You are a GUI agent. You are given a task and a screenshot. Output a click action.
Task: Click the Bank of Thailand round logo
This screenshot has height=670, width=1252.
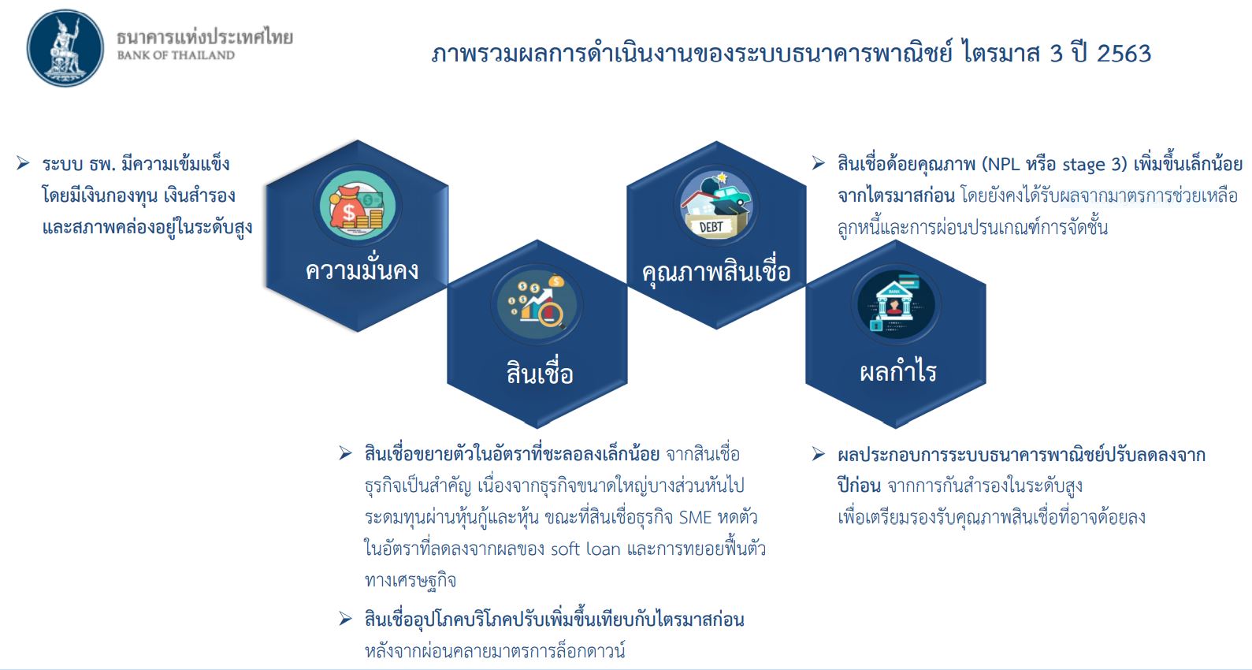[x=65, y=48]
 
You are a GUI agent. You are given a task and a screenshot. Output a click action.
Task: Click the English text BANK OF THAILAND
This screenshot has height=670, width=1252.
[x=176, y=55]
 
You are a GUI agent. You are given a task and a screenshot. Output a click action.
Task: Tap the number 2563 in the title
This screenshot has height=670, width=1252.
[x=1124, y=54]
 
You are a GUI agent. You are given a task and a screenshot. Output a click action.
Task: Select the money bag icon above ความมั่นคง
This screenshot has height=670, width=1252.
[x=357, y=206]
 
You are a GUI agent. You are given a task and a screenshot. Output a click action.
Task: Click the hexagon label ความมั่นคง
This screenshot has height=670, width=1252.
[x=362, y=270]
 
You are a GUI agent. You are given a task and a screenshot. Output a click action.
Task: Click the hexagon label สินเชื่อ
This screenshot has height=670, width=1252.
[x=540, y=373]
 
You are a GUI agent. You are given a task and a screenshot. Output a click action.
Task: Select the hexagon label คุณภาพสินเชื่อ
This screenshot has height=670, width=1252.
[x=716, y=272]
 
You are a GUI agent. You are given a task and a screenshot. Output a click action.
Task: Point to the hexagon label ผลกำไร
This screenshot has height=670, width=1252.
[x=897, y=371]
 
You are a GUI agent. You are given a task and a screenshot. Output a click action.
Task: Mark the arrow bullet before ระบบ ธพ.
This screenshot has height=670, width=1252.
[x=23, y=163]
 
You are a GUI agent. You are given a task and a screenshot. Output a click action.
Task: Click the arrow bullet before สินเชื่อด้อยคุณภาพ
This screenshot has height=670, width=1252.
[x=819, y=163]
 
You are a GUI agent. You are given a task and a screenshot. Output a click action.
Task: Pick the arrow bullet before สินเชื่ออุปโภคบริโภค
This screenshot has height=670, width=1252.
[x=345, y=619]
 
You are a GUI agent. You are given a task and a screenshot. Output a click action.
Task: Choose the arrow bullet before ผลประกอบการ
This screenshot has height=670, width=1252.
[x=819, y=453]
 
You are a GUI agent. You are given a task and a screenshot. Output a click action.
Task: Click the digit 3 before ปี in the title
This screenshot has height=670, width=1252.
[x=1057, y=54]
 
